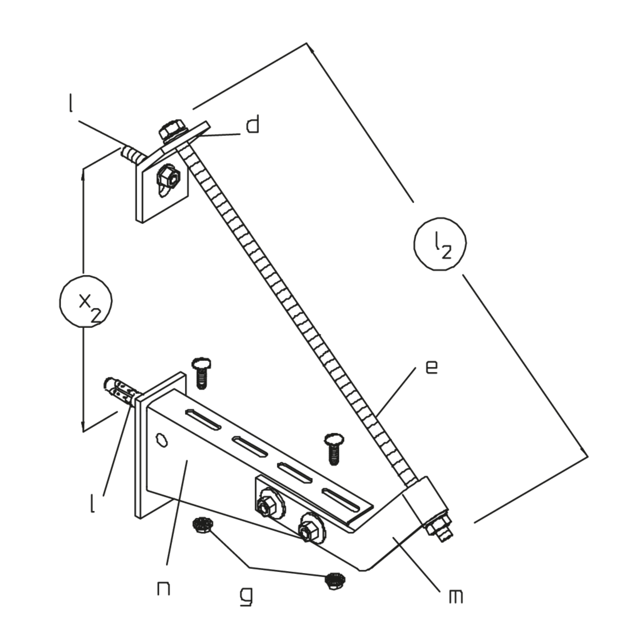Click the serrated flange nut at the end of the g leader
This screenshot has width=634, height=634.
pyautogui.click(x=334, y=581)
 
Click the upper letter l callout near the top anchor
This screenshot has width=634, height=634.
pyautogui.click(x=70, y=103)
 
